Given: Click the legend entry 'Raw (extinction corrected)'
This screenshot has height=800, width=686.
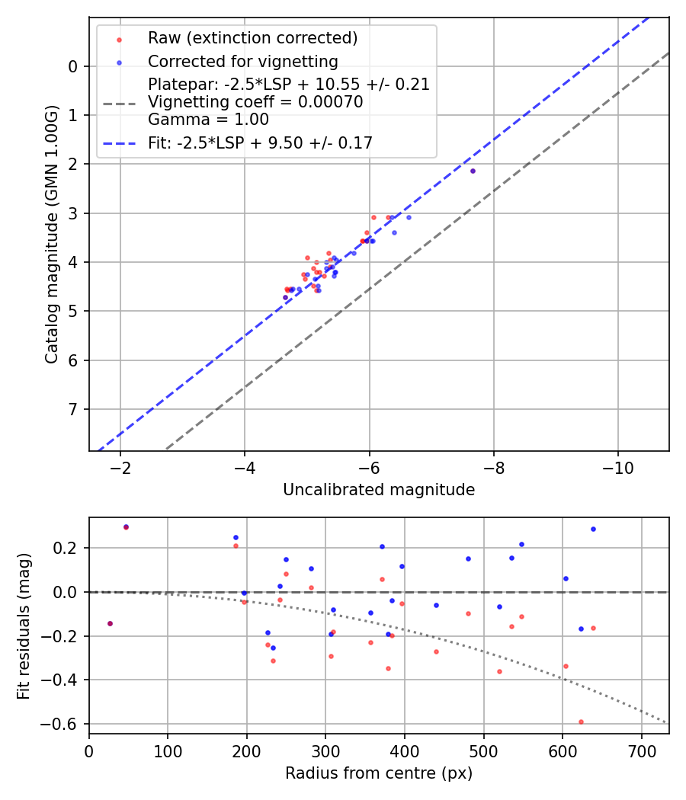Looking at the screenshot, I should pos(252,38).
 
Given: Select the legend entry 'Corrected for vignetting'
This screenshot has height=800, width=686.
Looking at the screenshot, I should pos(242,61).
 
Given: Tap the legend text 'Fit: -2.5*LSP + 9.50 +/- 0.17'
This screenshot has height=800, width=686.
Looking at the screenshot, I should pos(260,142).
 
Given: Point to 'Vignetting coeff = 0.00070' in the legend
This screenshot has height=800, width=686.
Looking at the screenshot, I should pos(255,101).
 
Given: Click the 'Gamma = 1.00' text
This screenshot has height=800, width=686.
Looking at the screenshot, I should pos(208,119).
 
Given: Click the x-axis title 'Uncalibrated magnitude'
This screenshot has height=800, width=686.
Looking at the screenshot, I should pos(379,490).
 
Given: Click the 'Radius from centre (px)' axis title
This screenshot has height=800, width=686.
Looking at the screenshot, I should pos(379,773).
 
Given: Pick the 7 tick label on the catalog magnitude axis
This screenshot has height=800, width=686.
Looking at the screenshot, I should pos(73,410).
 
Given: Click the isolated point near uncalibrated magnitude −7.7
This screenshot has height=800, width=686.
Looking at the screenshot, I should pos(473,171).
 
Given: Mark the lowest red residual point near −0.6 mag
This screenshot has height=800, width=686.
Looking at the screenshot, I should pos(581,722).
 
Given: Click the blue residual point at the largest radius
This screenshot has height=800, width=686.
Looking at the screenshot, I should pos(593,529).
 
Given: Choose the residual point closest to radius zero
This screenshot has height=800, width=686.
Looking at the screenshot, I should pos(110,623).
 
